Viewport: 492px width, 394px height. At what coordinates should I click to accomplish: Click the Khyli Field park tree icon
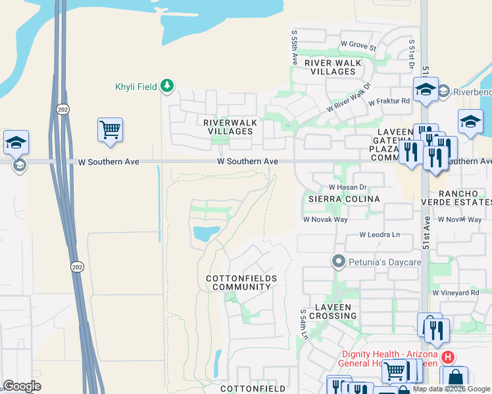[x=168, y=86]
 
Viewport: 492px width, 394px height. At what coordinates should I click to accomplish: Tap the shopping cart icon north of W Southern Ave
[x=110, y=128]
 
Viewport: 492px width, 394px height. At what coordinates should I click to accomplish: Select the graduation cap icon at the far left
[x=16, y=142]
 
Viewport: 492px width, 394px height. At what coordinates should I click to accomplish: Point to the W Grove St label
[x=358, y=47]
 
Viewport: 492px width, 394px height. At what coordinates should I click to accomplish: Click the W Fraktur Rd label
[x=389, y=102]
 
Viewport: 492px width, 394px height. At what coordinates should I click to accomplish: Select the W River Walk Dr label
[x=349, y=97]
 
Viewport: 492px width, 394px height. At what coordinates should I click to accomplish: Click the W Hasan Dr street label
[x=347, y=186]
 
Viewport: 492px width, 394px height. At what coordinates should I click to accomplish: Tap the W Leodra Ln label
[x=380, y=234]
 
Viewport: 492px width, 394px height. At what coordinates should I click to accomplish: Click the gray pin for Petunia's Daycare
[x=339, y=262]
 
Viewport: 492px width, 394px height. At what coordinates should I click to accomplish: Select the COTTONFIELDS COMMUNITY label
[x=241, y=283]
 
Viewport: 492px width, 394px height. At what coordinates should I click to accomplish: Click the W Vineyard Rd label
[x=455, y=292]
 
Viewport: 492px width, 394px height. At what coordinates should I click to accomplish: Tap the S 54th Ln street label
[x=304, y=325]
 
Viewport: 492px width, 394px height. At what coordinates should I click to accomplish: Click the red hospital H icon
[x=448, y=357]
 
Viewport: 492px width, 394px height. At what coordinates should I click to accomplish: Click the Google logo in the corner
[x=21, y=386]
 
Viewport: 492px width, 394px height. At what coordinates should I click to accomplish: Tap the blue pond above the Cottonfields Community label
[x=205, y=233]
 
